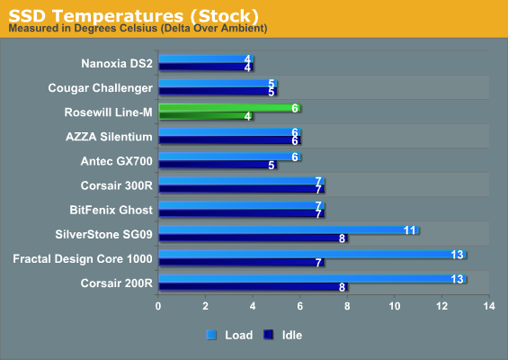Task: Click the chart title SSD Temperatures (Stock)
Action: pyautogui.click(x=133, y=15)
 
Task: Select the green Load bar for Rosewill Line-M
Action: pyautogui.click(x=229, y=108)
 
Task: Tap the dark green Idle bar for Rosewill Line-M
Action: pyautogui.click(x=206, y=116)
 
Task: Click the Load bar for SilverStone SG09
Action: pyautogui.click(x=289, y=229)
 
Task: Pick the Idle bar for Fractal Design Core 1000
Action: pyautogui.click(x=241, y=263)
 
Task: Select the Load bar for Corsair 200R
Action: pyautogui.click(x=313, y=279)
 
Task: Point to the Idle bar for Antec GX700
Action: pyautogui.click(x=218, y=165)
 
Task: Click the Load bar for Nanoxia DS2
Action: pyautogui.click(x=206, y=59)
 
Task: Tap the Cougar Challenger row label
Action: pyautogui.click(x=100, y=88)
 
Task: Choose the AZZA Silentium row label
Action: pyautogui.click(x=109, y=137)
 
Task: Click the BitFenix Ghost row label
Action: pyautogui.click(x=111, y=210)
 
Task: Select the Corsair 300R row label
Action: pyautogui.click(x=116, y=185)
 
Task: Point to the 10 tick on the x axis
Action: pyautogui.click(x=395, y=306)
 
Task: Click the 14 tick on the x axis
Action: pyautogui.click(x=489, y=306)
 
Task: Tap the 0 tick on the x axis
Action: pyautogui.click(x=158, y=306)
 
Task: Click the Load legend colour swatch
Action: pyautogui.click(x=211, y=335)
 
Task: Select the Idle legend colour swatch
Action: pyautogui.click(x=268, y=335)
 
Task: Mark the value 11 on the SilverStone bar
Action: pyautogui.click(x=409, y=230)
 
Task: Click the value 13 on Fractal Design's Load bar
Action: pyautogui.click(x=457, y=255)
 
